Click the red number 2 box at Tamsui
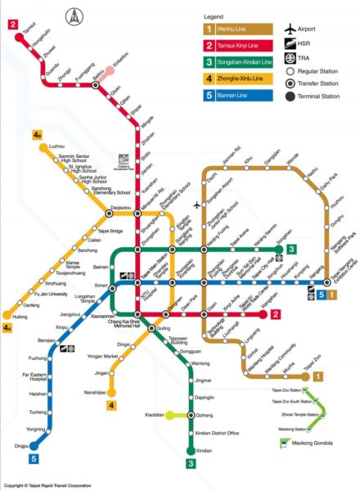pos(14,24)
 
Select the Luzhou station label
pos(56,146)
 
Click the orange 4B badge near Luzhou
pos(37,133)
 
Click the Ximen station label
pos(100,285)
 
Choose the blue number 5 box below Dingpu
pos(34,459)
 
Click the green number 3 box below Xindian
pos(191,464)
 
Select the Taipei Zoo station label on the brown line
pos(312,366)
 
